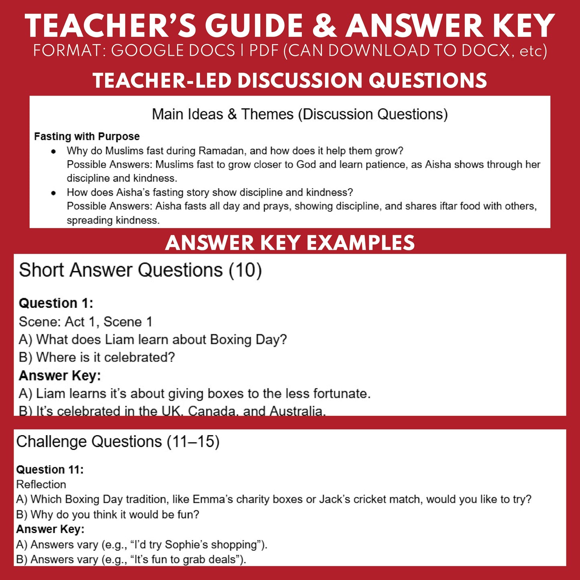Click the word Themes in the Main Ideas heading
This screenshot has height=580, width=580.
[x=267, y=114]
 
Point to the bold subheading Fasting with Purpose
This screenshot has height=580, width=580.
[x=87, y=136]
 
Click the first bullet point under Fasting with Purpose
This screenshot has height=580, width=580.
[x=53, y=151]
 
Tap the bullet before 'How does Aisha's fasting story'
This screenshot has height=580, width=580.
[x=53, y=193]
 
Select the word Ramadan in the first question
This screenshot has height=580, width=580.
[x=222, y=151]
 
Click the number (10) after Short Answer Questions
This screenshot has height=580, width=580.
[x=245, y=270]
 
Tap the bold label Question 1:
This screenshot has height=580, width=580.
[x=56, y=303]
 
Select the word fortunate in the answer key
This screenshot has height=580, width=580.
[x=342, y=393]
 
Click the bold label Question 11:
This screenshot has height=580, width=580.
[x=50, y=470]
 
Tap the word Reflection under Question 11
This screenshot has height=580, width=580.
[x=41, y=484]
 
